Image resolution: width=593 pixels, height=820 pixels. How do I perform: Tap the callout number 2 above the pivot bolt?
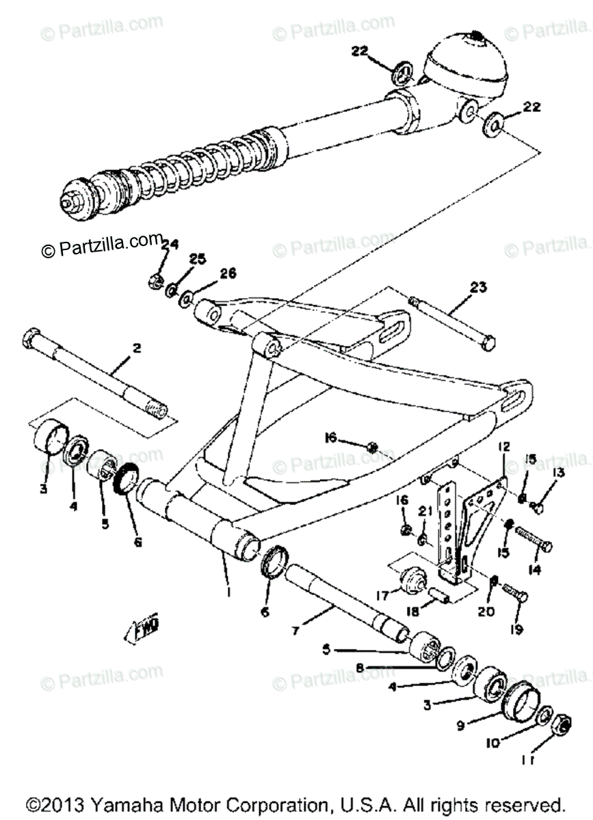point(136,348)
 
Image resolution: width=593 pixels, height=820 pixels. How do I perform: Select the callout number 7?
point(296,631)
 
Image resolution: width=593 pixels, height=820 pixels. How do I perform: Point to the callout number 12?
point(504,448)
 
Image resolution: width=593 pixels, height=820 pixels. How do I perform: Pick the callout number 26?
point(227,273)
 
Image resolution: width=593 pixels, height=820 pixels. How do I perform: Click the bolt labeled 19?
point(516,593)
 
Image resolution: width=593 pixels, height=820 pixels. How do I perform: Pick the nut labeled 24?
point(155,278)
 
